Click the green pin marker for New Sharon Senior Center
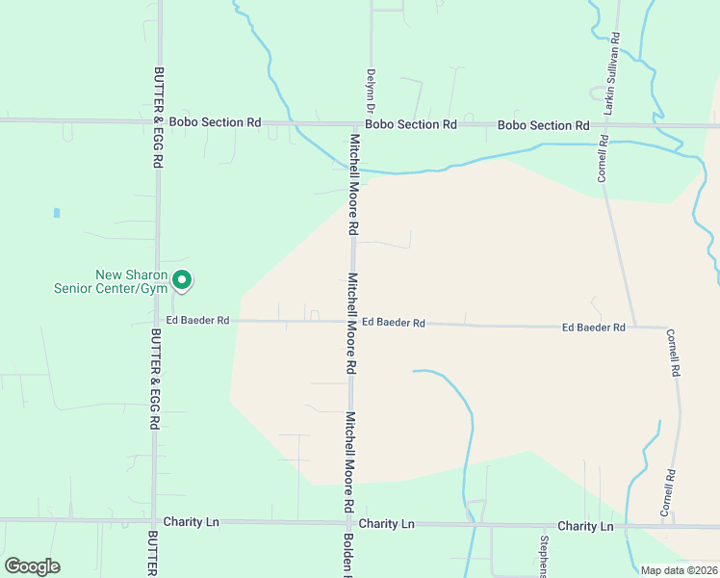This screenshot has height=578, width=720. pos(181,280)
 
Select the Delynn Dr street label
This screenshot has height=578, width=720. pos(369,92)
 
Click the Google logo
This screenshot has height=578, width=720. pos(32,566)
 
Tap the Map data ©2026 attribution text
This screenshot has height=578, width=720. pos(678,570)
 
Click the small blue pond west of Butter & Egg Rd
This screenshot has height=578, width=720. pos(57,212)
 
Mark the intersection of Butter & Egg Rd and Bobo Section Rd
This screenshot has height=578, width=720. pos(159,121)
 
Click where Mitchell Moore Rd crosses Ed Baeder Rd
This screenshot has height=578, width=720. pos(352,322)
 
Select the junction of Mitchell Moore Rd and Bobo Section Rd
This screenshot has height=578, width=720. pos(354,124)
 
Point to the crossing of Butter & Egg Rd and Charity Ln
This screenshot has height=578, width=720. pos(154,521)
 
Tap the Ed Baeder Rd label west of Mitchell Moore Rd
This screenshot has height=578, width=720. pos(197,320)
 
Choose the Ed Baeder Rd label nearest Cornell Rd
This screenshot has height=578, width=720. pos(594,328)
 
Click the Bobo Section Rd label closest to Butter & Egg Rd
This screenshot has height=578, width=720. pos(215,122)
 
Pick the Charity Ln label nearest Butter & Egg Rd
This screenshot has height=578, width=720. pos(192,522)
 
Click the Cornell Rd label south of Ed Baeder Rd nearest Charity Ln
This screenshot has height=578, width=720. pos(665,492)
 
